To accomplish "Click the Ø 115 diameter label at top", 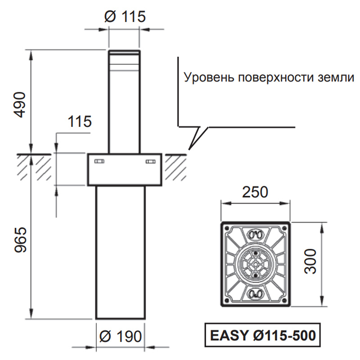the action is tap(125, 17).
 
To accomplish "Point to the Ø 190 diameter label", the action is tap(121, 336).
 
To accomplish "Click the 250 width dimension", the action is tap(255, 192).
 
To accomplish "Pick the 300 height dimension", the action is tap(310, 261).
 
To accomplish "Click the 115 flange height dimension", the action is tap(80, 121).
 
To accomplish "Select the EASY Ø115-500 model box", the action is tap(262, 335).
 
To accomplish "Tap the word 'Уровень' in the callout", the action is tap(209, 77).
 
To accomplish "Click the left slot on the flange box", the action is tap(99, 161).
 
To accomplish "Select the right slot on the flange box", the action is tap(151, 162).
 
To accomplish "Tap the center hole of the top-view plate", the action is tap(255, 264).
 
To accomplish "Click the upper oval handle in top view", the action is tap(255, 234).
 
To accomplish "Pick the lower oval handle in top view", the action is tap(255, 294).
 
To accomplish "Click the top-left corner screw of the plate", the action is tap(227, 229).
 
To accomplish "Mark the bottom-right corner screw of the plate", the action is tap(284, 300).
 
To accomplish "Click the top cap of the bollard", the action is tap(124, 52).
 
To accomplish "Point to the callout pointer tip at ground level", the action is tap(189, 150).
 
